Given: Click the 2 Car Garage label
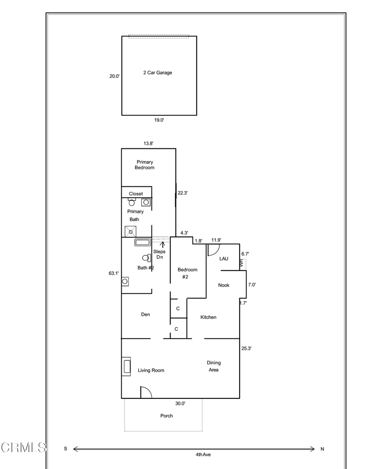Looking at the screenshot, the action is pos(157,72).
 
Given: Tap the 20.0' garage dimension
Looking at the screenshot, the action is pos(114,76).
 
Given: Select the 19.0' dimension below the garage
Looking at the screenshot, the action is pos(159,120).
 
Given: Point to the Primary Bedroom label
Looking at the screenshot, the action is pos(145,165).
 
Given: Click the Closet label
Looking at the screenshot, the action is pos(136,194).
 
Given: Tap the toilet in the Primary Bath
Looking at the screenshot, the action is pos(132,202).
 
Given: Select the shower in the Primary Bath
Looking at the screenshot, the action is pos(130,231).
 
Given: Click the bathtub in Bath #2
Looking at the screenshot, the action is pos(143,242).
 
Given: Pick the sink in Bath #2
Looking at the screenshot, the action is pos(125,282).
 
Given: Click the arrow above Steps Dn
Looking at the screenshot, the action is pos(162,245).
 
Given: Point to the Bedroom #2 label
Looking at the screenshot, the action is pos(188,273).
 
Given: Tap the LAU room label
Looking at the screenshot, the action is pos(224,259).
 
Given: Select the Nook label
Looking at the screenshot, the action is pos(224,285).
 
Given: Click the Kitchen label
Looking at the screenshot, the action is pos(208,317).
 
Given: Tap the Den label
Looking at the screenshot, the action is pos(145,314).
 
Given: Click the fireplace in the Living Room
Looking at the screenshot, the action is pos(126,366).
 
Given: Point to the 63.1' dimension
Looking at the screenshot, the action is pos(114,273).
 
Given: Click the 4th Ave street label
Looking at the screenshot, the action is pos(203,455).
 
